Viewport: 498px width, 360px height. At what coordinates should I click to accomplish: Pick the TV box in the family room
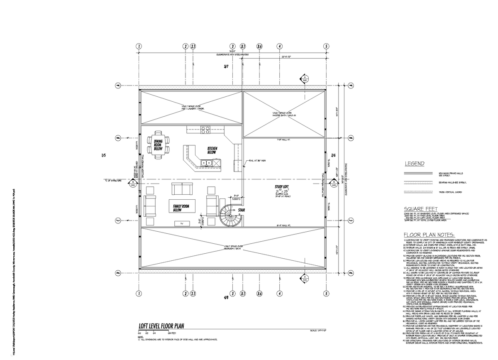(181, 224)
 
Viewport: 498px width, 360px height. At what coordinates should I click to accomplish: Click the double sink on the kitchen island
(206, 163)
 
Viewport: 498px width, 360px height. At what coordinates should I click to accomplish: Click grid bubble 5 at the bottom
(327, 294)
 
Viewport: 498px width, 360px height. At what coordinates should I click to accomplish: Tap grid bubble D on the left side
(117, 273)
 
